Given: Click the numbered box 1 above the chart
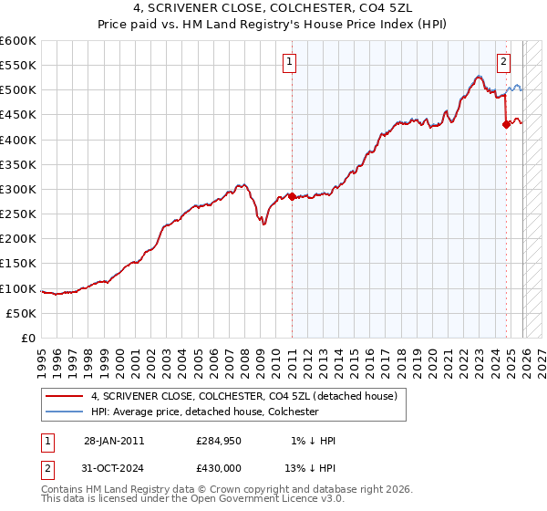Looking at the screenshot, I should (x=289, y=62).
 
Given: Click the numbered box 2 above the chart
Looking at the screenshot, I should (x=503, y=62).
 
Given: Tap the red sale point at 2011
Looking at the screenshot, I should (x=292, y=196).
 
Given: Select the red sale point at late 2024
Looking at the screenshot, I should (x=506, y=125).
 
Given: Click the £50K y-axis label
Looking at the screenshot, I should (x=21, y=313).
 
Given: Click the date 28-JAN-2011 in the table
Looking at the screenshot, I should (x=114, y=441).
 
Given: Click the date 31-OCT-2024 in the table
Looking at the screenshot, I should (x=114, y=467).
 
